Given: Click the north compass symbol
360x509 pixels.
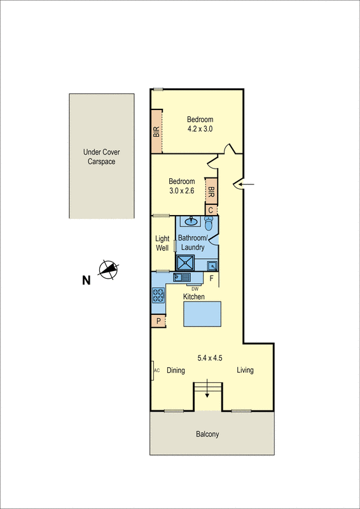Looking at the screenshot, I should [109, 270].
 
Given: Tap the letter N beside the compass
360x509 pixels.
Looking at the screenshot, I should [86, 279].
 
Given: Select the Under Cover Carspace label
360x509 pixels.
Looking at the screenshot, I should [102, 157].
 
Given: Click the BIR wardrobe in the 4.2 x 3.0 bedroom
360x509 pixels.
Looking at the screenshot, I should [156, 131].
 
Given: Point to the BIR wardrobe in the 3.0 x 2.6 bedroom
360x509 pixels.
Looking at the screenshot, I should [211, 190].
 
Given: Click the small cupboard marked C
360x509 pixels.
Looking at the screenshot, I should [211, 210].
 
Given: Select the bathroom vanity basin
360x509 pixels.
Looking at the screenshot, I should [189, 222].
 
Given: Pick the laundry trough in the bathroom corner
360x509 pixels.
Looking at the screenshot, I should [212, 265].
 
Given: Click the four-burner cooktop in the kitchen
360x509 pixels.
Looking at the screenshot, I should [158, 295].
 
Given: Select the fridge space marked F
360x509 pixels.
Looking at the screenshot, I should [211, 278].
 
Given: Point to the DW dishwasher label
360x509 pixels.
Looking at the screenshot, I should [195, 289].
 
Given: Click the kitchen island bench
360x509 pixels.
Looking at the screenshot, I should [202, 314].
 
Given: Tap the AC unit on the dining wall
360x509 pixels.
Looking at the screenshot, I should [156, 370].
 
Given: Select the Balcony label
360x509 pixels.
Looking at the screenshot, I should [207, 435].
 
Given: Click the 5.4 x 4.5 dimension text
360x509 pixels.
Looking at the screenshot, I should [209, 357].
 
